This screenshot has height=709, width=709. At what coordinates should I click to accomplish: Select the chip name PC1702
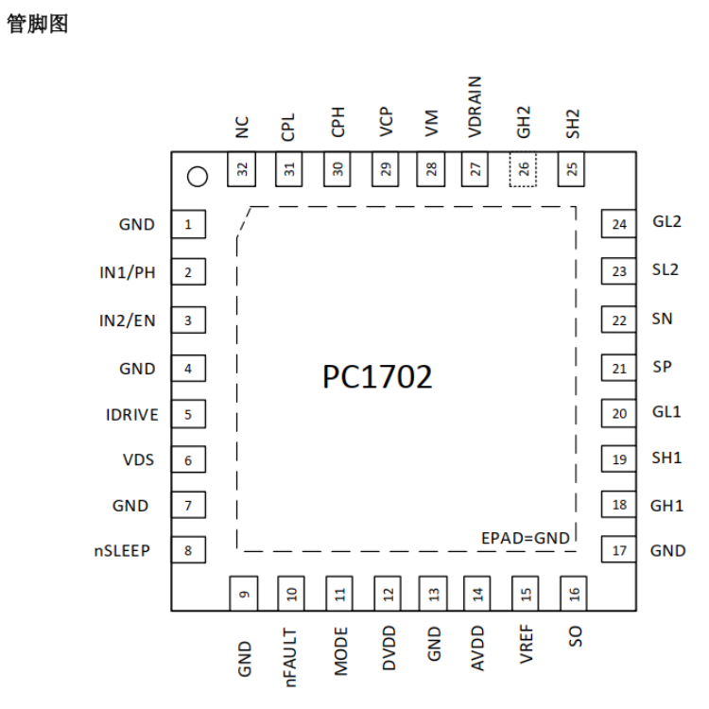coord(377,376)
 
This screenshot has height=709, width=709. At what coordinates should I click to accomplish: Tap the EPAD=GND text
coord(525,538)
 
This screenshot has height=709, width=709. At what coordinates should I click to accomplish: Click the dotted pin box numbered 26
coord(523,169)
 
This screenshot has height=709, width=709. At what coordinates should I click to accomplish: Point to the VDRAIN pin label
coord(475,107)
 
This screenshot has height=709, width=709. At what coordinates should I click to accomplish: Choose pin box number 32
coord(241,169)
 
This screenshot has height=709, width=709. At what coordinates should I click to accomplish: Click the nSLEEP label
coord(122,550)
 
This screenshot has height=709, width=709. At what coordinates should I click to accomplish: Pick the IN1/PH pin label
coord(127,272)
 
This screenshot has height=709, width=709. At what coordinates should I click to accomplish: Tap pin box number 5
coord(188,414)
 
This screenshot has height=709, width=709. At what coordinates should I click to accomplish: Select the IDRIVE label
coord(132,415)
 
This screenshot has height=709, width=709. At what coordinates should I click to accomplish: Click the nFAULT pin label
coord(291,657)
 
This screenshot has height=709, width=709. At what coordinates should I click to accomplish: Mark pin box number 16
coord(574,594)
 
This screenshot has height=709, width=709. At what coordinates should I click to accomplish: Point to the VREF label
coord(527,644)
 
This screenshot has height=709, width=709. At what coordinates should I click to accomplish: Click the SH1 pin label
coord(666,458)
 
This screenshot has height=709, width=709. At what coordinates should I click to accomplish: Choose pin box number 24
coord(618,224)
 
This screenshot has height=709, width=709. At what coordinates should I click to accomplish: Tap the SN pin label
coord(662,319)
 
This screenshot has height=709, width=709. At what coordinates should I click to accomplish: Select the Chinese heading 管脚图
coord(38,24)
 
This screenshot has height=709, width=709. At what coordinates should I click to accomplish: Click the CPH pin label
coord(338,122)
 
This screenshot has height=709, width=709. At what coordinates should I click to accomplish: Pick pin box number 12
coord(388,594)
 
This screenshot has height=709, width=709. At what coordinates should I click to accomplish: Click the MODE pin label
coord(341,651)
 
